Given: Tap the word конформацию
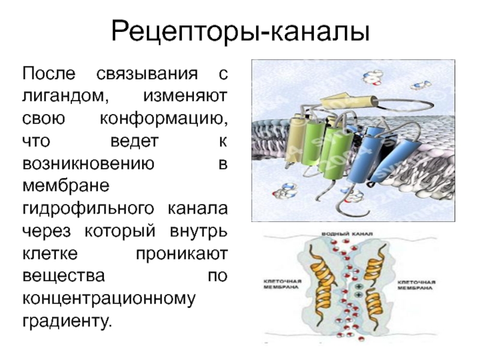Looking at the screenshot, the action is pos(163,116).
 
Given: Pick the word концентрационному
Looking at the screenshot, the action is pos(108,299).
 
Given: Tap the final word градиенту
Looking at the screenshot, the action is pos(67,322).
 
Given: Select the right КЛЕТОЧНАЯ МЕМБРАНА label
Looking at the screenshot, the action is pos(416,283).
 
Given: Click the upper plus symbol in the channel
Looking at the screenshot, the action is pos(358,287).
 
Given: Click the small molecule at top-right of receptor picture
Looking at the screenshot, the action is pos(424,85).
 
